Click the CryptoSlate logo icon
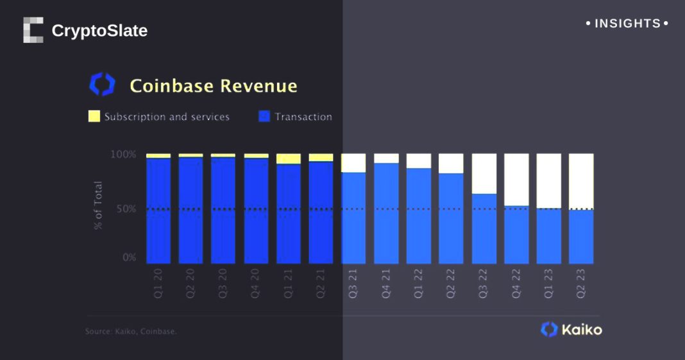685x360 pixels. pos(33,30)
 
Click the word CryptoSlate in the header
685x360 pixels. pos(99,30)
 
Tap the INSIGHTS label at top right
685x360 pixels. pos(627,24)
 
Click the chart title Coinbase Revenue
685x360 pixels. pos(214,86)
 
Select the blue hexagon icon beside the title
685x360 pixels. pos(102,85)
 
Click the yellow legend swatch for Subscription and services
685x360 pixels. pos(94,117)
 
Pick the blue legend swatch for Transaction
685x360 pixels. pos(264,117)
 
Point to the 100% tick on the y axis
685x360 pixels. pos(123,155)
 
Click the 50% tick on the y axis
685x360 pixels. pos(125,209)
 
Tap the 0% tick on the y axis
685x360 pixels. pos(128,258)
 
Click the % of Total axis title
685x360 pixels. pos(99,205)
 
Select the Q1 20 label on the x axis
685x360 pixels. pos(158,283)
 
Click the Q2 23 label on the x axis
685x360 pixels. pos(581,283)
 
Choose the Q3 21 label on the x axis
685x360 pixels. pos(353,283)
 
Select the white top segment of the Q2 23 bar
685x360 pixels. pos(581,181)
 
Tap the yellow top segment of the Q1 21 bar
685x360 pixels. pos(289,159)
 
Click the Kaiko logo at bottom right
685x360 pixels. pos(571,330)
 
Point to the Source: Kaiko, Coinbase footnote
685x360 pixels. pos(131,332)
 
